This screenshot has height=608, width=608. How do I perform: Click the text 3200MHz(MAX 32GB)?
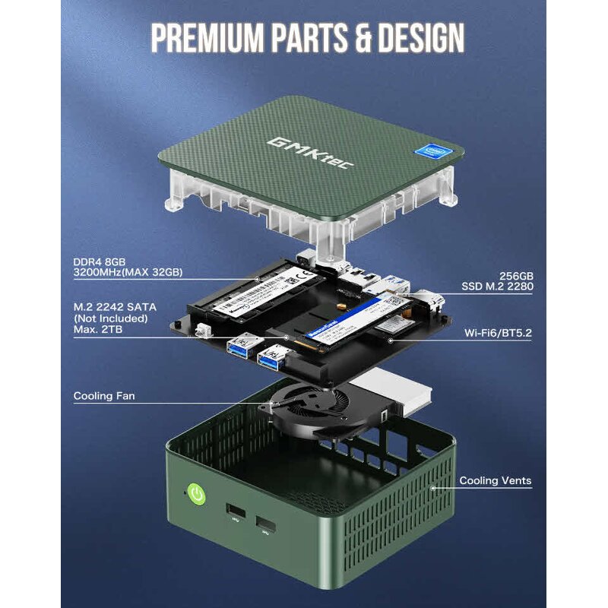(x=128, y=272)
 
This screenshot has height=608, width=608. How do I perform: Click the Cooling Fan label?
(x=104, y=396)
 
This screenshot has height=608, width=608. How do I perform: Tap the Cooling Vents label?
(x=495, y=480)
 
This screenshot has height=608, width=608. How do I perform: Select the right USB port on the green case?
(x=266, y=524)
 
